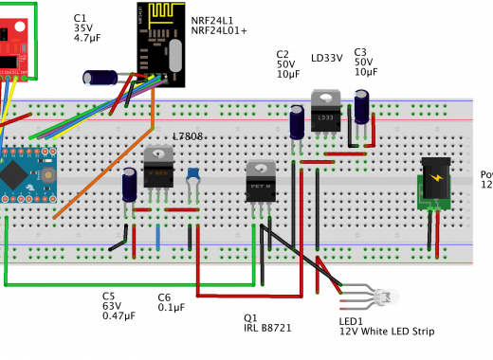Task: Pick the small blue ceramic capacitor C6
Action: pos(192,176)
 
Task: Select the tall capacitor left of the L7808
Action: pos(130,184)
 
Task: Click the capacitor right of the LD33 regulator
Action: pos(361,106)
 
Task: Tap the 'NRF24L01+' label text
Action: pos(219,30)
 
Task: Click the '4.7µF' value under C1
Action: pos(87,40)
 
